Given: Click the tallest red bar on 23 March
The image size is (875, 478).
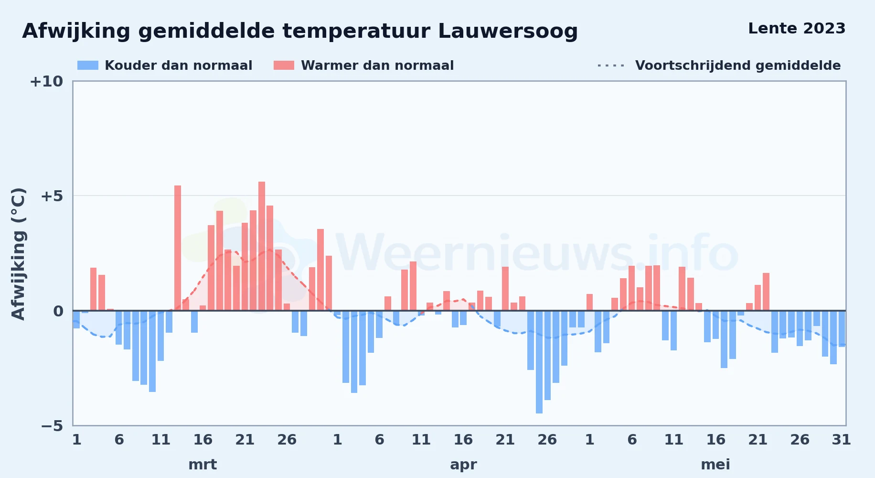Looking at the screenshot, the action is pos(262,246).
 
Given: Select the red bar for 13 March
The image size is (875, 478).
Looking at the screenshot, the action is pos(178,248).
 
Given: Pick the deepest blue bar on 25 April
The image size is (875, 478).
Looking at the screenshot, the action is pos(539,362).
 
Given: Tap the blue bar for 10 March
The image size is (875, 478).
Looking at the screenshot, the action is pos(152,351).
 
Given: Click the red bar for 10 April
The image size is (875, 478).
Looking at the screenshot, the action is pos(413,286).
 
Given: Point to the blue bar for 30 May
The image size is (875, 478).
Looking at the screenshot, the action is pos(833,337).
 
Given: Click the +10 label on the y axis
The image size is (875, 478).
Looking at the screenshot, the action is pos(46,81).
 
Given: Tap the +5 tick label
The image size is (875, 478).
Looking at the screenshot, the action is pos(52,196).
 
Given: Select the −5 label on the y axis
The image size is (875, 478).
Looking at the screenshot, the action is pos(52,425).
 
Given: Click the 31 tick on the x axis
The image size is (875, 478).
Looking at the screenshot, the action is pos(842,439).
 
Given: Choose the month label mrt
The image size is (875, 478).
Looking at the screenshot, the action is pos(203,464).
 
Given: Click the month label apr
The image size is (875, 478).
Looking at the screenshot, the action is pos(463,465).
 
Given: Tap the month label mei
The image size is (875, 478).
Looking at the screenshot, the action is pos(715,464).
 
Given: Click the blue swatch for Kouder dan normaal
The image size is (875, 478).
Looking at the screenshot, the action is pos(88,65).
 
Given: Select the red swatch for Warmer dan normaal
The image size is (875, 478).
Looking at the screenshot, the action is pos(284,65).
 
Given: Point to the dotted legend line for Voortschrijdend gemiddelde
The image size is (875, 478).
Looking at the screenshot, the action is pos(611,65).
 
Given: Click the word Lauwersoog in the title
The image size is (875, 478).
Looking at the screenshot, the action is pos(508,32).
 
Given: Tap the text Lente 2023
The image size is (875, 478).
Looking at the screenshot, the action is pos(797,28).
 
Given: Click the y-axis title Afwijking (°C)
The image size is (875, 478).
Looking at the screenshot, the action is pos(18,254).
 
